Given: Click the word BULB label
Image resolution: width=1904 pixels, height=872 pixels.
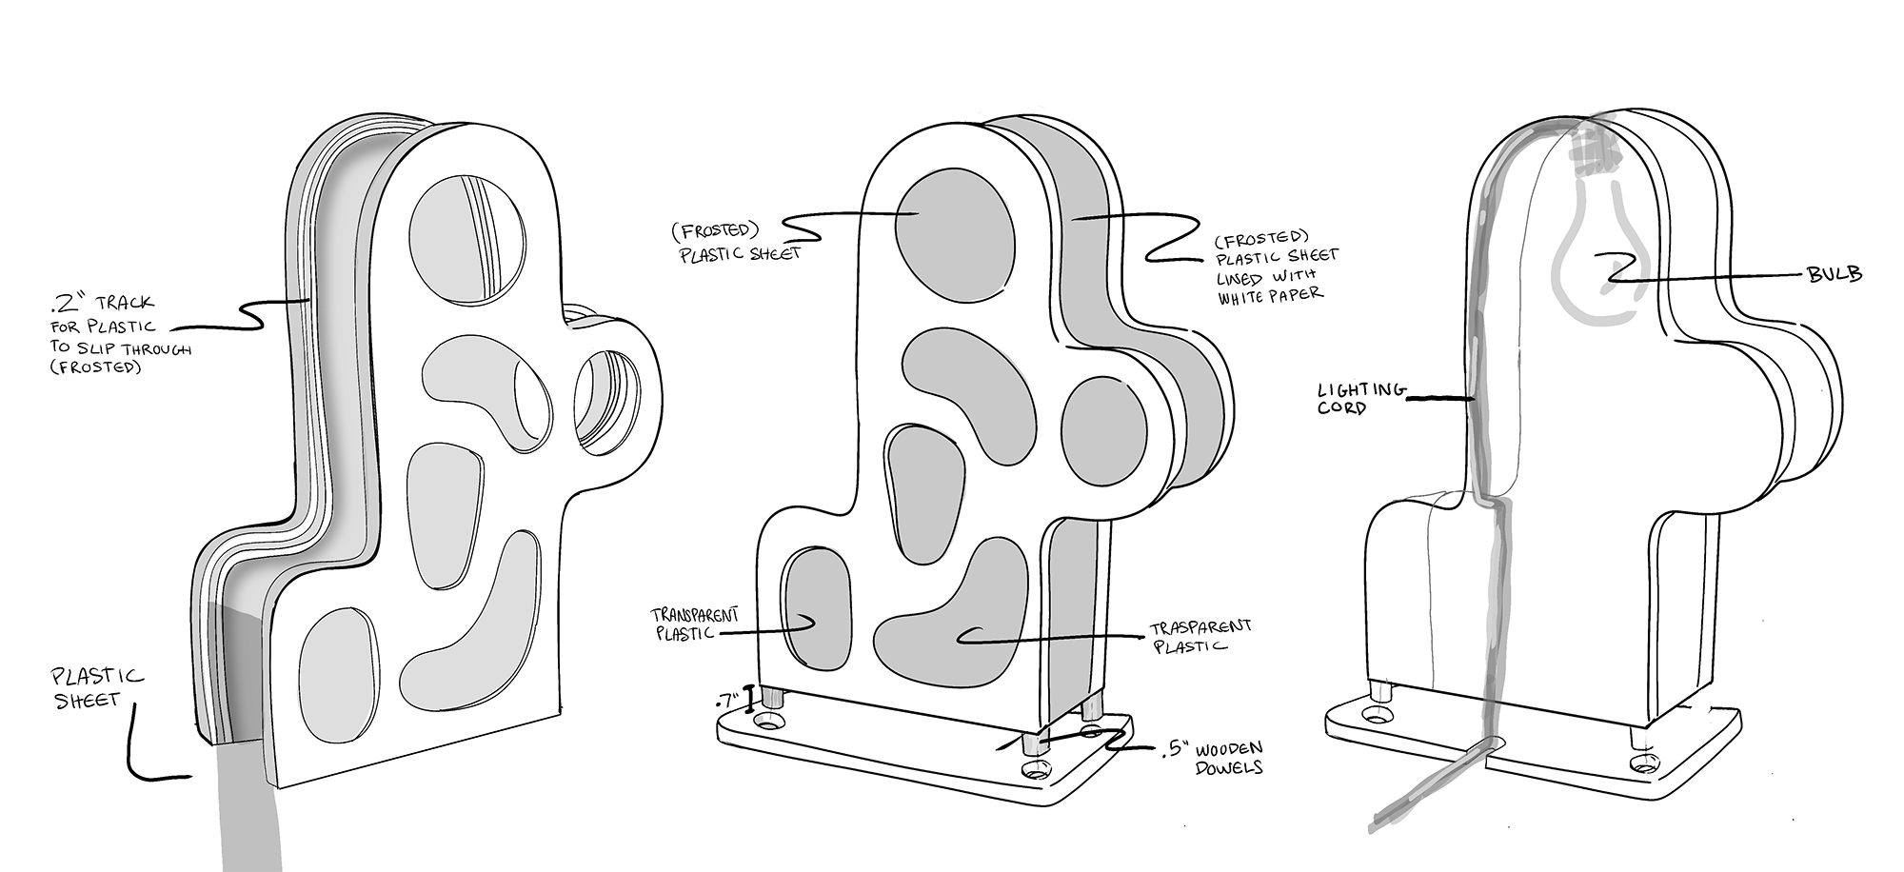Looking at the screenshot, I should point(1835,274).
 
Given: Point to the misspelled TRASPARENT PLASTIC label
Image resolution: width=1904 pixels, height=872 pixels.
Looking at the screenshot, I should point(1199,636).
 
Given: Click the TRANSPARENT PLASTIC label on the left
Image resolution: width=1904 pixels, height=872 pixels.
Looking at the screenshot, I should point(694,624).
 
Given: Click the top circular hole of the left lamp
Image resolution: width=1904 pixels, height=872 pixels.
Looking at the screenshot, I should point(466,235).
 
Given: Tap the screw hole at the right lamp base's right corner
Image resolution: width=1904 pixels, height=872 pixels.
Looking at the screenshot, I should point(1643,763).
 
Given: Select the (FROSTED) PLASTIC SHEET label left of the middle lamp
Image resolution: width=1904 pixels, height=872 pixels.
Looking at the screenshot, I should point(738,243).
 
